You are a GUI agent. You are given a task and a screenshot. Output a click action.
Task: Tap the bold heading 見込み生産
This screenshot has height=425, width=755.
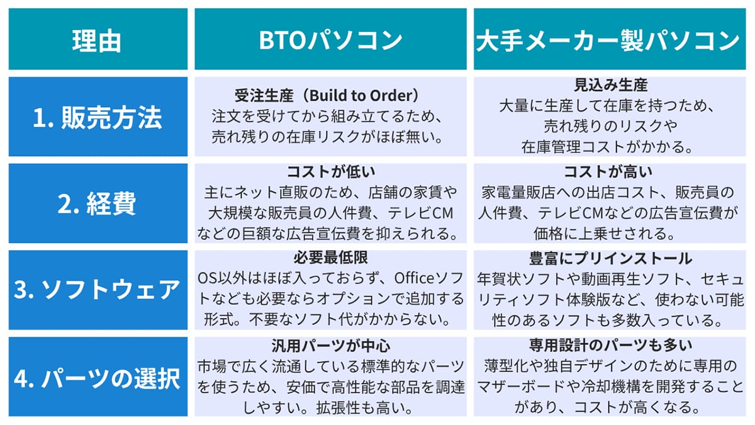click(x=608, y=84)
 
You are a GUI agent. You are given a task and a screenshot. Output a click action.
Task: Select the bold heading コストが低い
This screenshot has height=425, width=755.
click(x=330, y=171)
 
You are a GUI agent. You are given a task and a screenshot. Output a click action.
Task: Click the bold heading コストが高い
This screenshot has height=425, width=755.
click(x=608, y=171)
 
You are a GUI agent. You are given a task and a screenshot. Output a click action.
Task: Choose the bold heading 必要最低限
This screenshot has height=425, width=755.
click(x=330, y=258)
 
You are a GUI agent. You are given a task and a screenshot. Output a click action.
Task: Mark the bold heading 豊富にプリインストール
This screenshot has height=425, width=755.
click(x=608, y=258)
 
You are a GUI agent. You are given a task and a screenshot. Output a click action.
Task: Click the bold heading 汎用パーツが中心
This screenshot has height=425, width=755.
click(x=330, y=344)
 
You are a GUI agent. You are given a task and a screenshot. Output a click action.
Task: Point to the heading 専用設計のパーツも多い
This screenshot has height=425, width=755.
click(x=608, y=344)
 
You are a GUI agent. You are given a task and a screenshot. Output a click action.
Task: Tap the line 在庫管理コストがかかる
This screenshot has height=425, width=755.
click(x=608, y=147)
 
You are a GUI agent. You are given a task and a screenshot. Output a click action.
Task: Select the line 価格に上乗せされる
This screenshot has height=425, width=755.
click(x=608, y=234)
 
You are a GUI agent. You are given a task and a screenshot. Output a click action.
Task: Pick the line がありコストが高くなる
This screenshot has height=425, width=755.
click(x=608, y=407)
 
